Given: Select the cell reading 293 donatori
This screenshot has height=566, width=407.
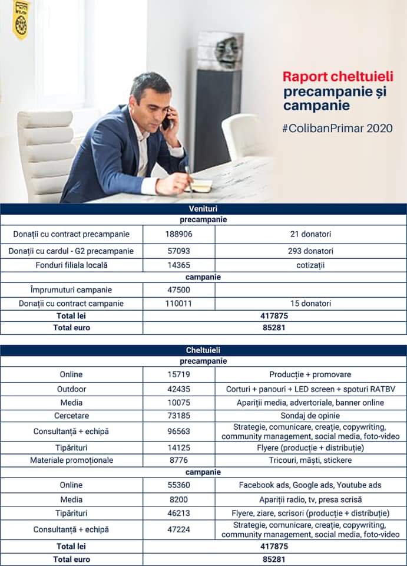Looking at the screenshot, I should click(x=310, y=251).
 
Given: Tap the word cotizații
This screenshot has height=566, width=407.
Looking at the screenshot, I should click(x=310, y=265).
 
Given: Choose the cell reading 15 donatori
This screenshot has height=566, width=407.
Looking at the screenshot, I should click(x=310, y=304).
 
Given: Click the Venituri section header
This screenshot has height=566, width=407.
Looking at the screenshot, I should click(x=203, y=209).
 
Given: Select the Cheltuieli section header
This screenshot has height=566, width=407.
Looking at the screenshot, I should click(x=203, y=350).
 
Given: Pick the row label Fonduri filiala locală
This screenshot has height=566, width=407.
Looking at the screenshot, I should click(x=71, y=265).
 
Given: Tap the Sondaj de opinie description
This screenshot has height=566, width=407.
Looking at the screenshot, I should click(x=310, y=414).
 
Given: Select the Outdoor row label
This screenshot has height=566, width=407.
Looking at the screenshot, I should click(x=71, y=389).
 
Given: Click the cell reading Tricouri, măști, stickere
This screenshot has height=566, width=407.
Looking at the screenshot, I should click(x=310, y=460).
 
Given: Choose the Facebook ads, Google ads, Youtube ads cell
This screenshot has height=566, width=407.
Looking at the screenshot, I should click(x=310, y=485).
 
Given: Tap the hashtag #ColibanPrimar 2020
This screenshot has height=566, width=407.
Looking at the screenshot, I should click(x=337, y=128).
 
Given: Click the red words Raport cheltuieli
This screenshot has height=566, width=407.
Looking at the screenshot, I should click(x=337, y=77).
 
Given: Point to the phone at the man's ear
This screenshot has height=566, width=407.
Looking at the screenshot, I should click(x=167, y=120).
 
